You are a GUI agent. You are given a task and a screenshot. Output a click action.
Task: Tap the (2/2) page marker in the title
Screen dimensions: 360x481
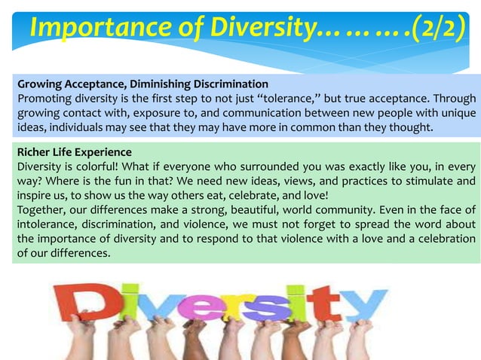(437, 28)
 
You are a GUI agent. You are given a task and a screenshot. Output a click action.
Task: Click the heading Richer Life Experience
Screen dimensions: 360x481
(74, 152)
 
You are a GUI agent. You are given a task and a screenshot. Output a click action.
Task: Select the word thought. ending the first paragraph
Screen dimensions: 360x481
(411, 127)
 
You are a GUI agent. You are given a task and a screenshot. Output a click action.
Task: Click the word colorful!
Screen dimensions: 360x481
(102, 166)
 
